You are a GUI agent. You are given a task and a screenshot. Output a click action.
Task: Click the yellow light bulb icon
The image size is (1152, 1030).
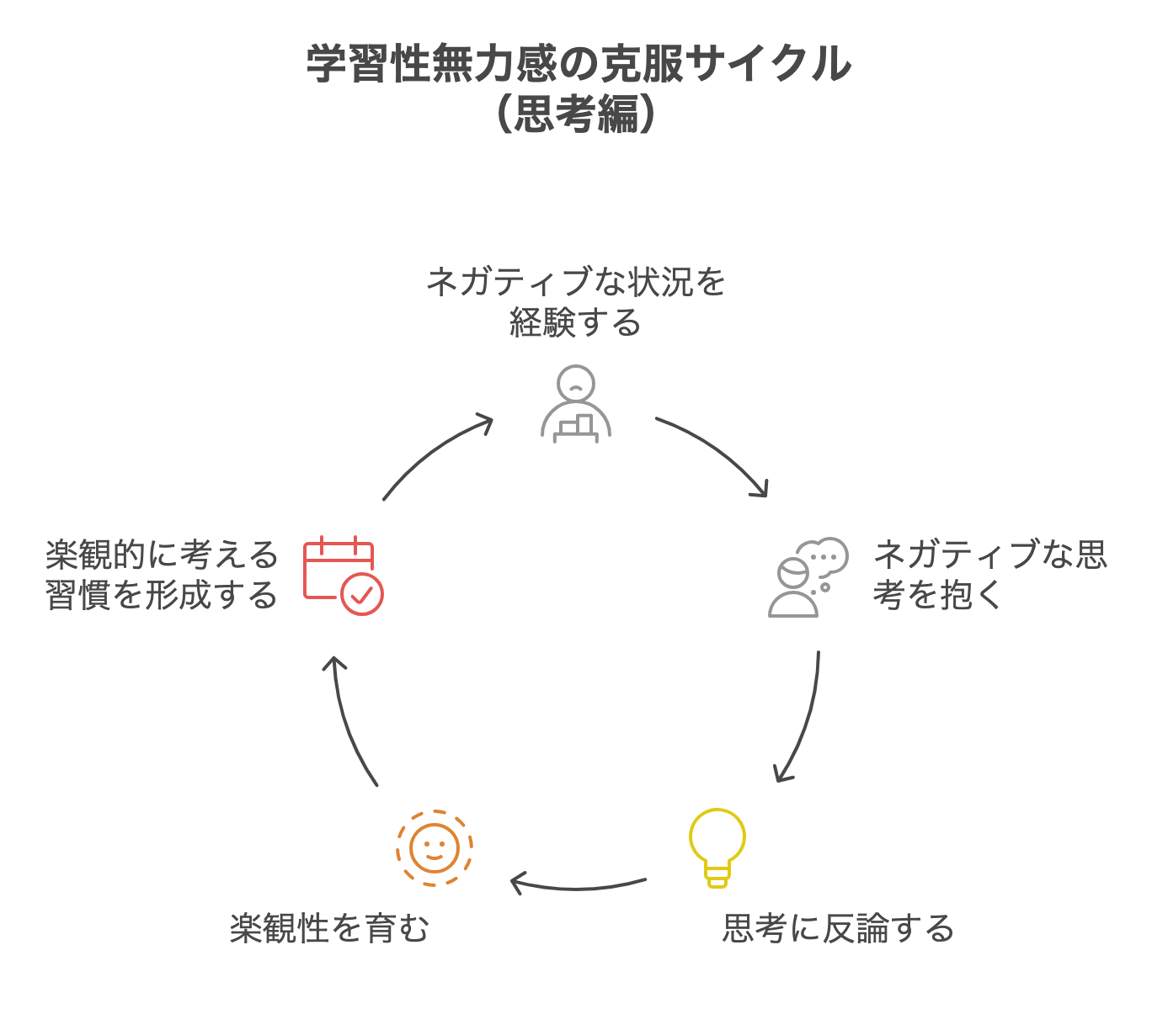(x=717, y=846)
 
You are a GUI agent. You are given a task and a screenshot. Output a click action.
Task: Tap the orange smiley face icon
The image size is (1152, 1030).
(x=435, y=847)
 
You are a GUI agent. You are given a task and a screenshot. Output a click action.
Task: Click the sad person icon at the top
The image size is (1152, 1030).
(x=576, y=404)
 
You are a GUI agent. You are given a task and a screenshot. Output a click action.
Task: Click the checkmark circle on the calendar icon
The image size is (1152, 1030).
(x=362, y=594)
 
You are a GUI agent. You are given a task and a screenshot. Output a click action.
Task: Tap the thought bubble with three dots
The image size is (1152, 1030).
(x=823, y=555)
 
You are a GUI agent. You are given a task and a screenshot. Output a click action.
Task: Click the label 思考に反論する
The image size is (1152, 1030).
(x=838, y=928)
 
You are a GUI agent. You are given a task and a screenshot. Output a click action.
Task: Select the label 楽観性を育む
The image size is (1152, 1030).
(x=329, y=928)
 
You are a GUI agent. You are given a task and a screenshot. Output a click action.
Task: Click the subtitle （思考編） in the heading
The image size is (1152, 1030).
(x=576, y=114)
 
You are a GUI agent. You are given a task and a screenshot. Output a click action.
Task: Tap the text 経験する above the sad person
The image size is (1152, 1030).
(x=576, y=322)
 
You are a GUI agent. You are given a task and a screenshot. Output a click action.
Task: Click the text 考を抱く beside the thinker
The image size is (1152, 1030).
(x=937, y=595)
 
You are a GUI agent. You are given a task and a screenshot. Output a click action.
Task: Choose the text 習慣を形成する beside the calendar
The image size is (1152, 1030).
(x=161, y=595)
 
